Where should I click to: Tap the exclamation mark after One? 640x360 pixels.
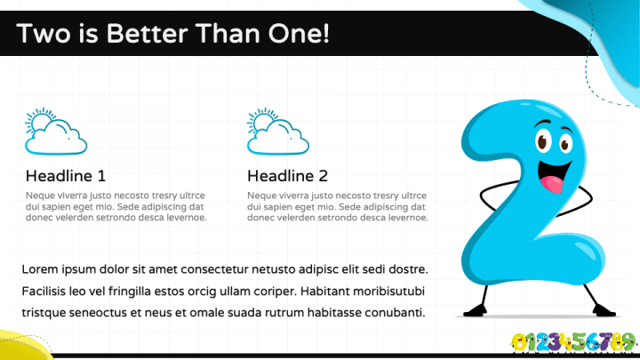tap(325, 33)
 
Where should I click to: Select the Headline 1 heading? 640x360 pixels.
tap(66, 176)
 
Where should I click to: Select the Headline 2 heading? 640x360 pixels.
tap(287, 176)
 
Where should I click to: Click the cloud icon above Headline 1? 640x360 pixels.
tap(56, 132)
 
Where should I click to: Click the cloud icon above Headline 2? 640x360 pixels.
tap(278, 132)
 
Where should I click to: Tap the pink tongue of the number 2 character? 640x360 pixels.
tap(552, 184)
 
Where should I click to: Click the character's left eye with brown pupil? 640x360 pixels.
tap(542, 140)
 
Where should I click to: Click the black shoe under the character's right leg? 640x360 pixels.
tap(475, 311)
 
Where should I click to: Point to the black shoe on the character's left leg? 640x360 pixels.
tap(604, 310)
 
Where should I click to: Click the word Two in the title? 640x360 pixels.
tap(44, 33)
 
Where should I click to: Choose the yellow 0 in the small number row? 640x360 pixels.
tap(518, 342)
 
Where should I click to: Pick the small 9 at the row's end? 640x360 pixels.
tap(629, 341)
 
